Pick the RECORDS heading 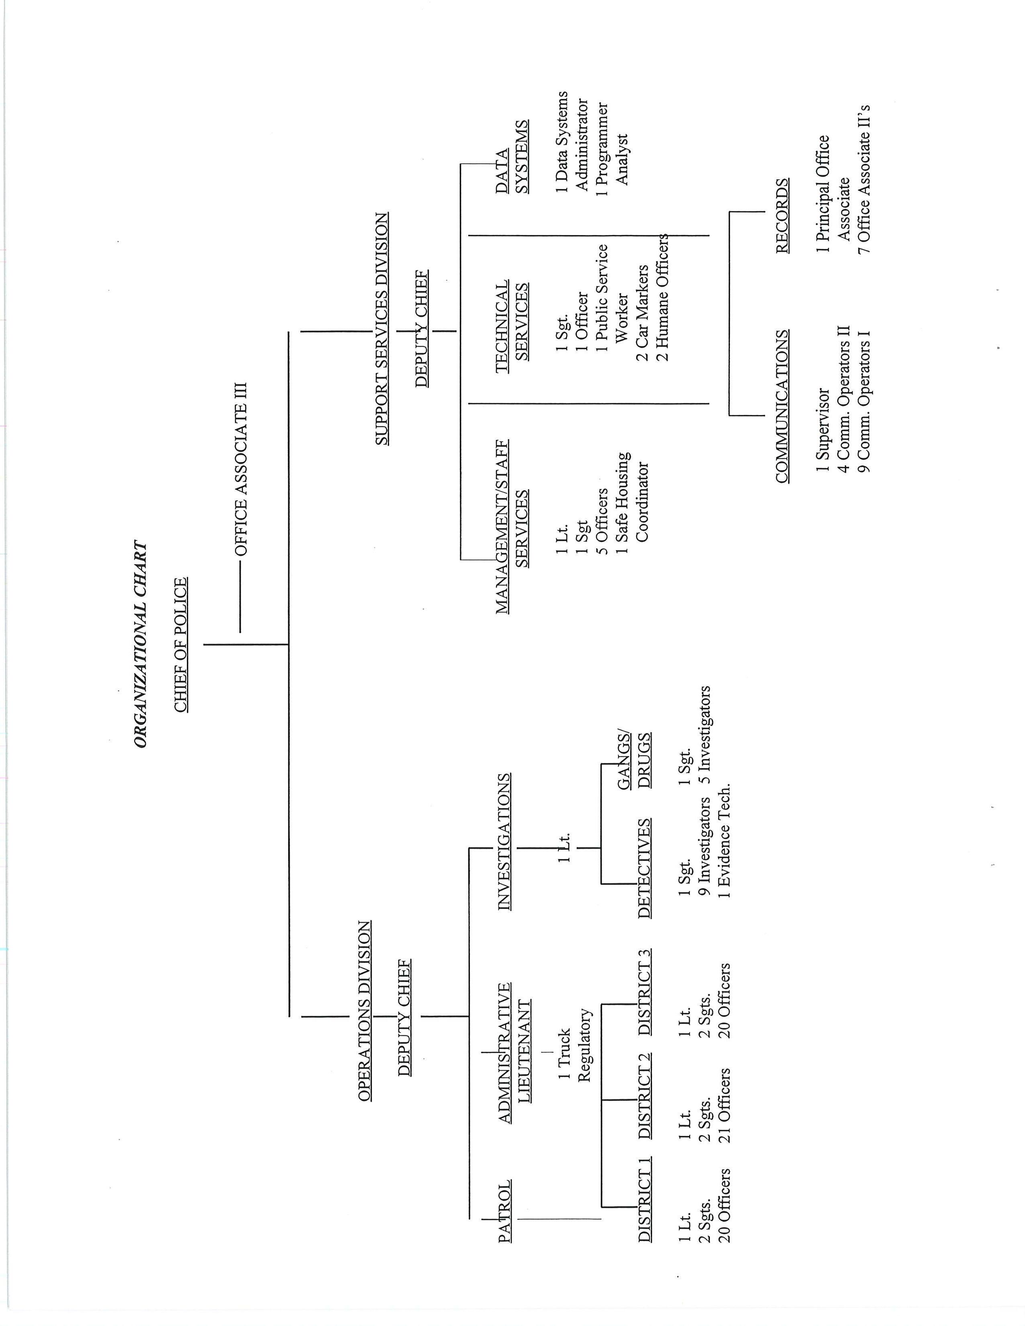pyautogui.click(x=783, y=215)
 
